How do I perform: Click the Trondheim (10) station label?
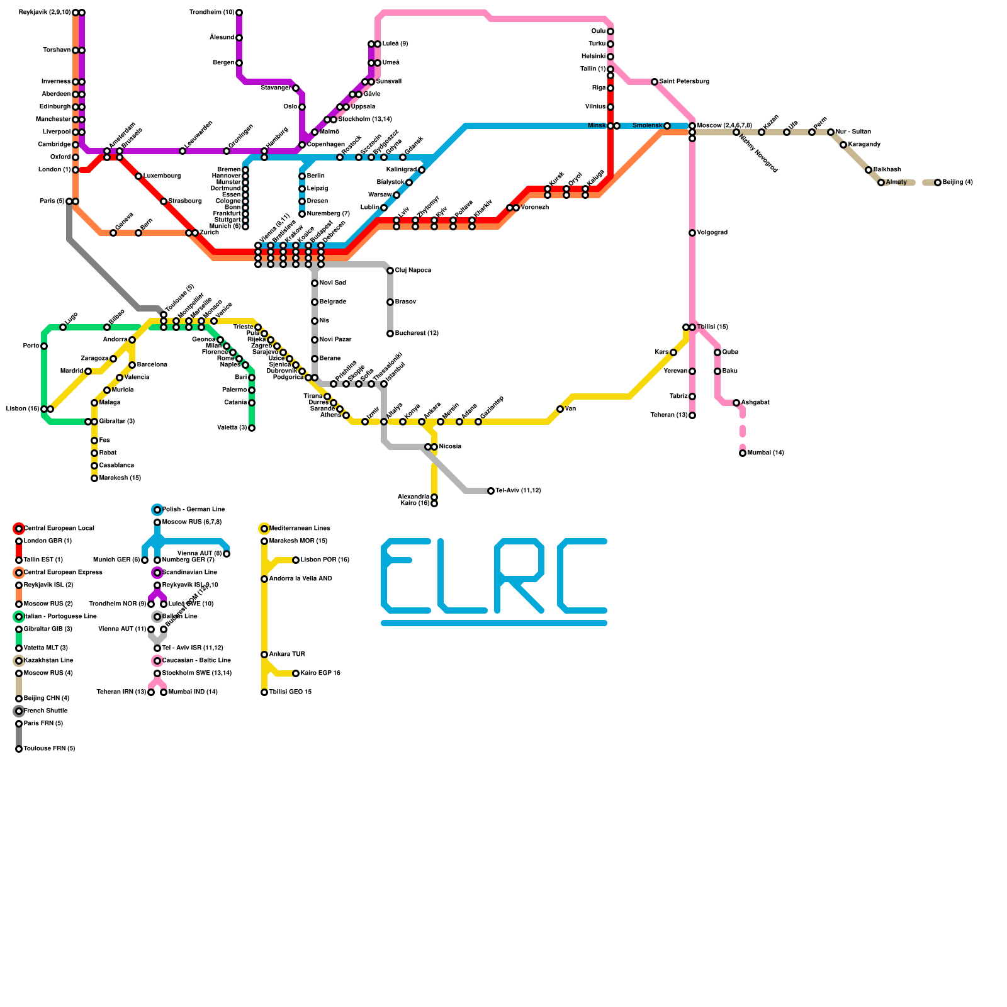[211, 13]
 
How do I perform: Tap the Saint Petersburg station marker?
[655, 82]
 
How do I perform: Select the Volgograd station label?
[712, 233]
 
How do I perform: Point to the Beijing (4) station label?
[957, 183]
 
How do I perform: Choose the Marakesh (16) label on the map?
[120, 478]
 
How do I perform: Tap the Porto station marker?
[44, 346]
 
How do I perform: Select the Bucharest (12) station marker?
[390, 334]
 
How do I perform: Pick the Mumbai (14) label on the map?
[765, 453]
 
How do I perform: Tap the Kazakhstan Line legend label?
[48, 661]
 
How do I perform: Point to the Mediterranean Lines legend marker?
[264, 529]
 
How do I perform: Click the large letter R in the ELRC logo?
[519, 576]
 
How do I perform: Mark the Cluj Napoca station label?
[413, 271]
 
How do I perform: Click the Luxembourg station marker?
[138, 176]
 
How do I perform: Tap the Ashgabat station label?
[755, 403]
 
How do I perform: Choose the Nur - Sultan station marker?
[831, 132]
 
